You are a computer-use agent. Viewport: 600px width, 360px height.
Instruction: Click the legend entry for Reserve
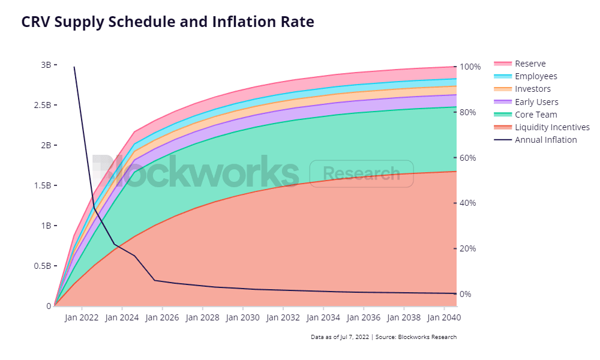pyautogui.click(x=520, y=64)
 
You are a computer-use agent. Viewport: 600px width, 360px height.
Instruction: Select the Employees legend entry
pyautogui.click(x=526, y=76)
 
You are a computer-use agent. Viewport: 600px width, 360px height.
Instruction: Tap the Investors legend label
pyautogui.click(x=533, y=89)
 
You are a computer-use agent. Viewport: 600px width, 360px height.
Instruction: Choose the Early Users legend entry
pyautogui.click(x=526, y=102)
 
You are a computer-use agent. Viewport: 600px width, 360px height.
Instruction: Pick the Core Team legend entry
pyautogui.click(x=526, y=115)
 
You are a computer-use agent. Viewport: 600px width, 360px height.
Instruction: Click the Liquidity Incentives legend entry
pyautogui.click(x=542, y=127)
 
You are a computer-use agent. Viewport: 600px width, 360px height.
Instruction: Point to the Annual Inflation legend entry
pyautogui.click(x=535, y=140)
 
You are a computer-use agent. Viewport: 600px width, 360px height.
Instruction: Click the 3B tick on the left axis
pyautogui.click(x=46, y=65)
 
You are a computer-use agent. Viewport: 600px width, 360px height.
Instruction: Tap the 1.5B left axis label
pyautogui.click(x=43, y=185)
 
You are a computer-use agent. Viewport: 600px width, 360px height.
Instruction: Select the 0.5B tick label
pyautogui.click(x=43, y=266)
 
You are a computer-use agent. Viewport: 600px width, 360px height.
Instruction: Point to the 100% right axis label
pyautogui.click(x=470, y=67)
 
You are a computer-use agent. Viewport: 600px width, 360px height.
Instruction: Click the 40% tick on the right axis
pyautogui.click(x=467, y=203)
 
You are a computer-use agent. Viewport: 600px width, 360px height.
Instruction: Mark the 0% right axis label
pyautogui.click(x=466, y=294)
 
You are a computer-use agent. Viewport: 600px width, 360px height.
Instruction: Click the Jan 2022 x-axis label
pyautogui.click(x=82, y=317)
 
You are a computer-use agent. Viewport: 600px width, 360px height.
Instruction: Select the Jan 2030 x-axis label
pyautogui.click(x=242, y=317)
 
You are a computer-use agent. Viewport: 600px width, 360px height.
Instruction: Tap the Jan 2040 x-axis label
pyautogui.click(x=444, y=317)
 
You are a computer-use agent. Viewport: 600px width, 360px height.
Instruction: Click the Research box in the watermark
pyautogui.click(x=362, y=173)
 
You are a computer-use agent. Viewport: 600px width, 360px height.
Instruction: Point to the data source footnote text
pyautogui.click(x=383, y=337)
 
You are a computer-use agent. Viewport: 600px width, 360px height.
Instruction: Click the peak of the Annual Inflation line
pyautogui.click(x=74, y=67)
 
